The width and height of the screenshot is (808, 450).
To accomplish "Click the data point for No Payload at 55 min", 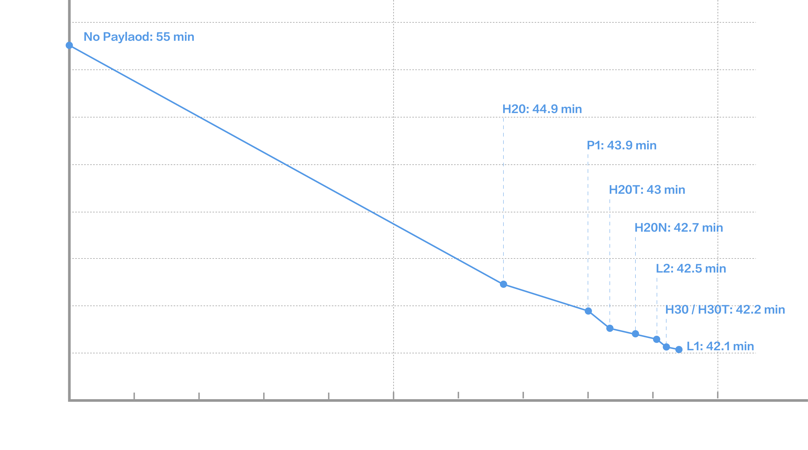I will click(x=69, y=45).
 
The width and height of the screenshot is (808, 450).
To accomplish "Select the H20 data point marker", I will click(x=503, y=284).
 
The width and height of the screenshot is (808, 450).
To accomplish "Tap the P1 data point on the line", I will click(x=588, y=311).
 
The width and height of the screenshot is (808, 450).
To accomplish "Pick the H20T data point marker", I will click(x=610, y=329).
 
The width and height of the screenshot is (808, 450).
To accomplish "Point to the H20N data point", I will click(x=635, y=334).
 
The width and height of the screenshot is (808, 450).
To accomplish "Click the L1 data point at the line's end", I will click(x=679, y=349).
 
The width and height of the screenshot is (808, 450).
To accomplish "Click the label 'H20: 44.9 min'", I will click(x=542, y=109).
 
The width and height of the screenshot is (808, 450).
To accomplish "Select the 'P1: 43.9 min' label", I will click(x=621, y=145).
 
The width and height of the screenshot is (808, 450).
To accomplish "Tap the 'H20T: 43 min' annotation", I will click(x=647, y=190).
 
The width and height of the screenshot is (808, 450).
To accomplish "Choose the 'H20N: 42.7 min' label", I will click(x=678, y=228).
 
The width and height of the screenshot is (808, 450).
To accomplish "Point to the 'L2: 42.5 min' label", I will click(x=691, y=269).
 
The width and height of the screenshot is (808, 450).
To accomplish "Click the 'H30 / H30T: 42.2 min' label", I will click(x=725, y=310).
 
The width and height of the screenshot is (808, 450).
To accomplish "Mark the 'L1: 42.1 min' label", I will click(x=720, y=346).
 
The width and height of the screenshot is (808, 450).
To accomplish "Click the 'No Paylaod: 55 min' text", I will click(x=139, y=37).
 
